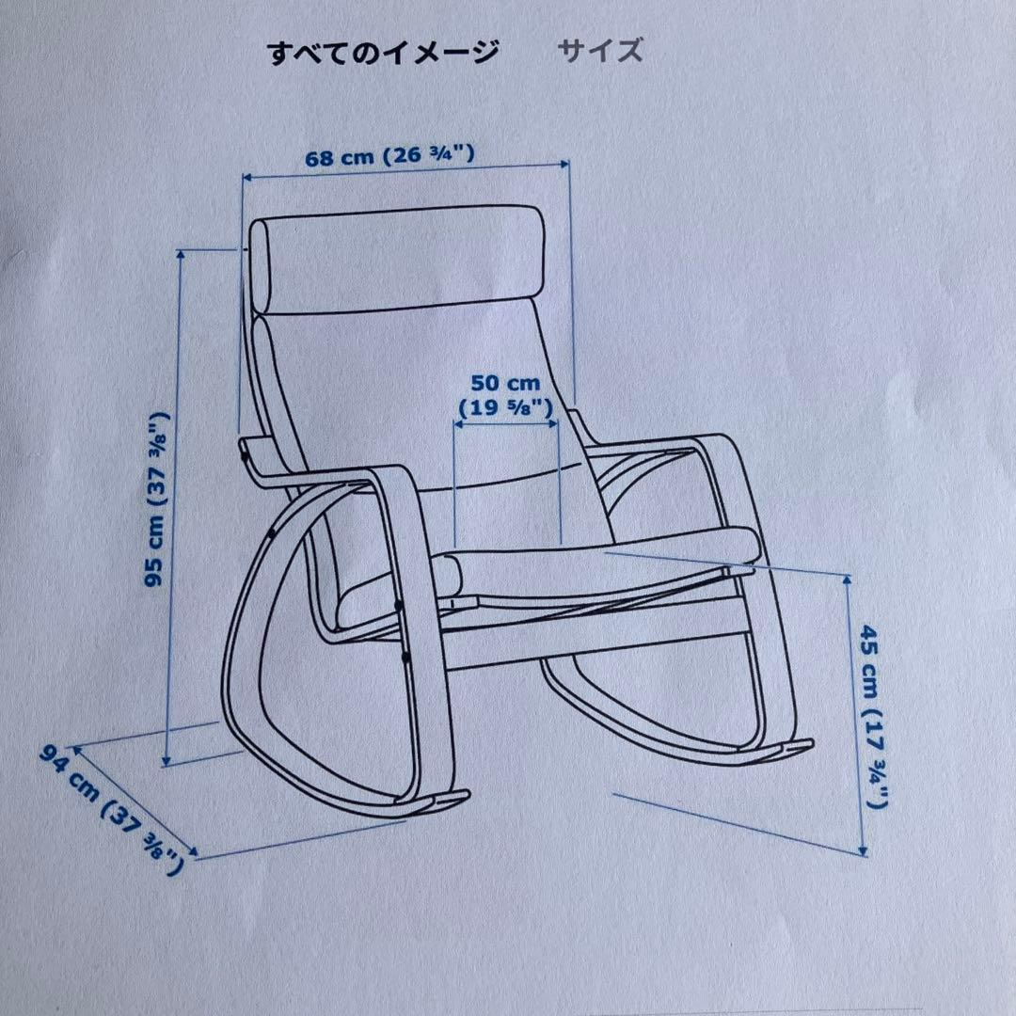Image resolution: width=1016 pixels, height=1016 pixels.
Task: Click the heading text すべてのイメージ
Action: [x=383, y=53]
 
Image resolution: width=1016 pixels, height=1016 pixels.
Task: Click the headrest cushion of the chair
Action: [x=400, y=261]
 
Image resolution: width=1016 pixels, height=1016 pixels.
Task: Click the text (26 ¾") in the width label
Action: [x=427, y=157]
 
